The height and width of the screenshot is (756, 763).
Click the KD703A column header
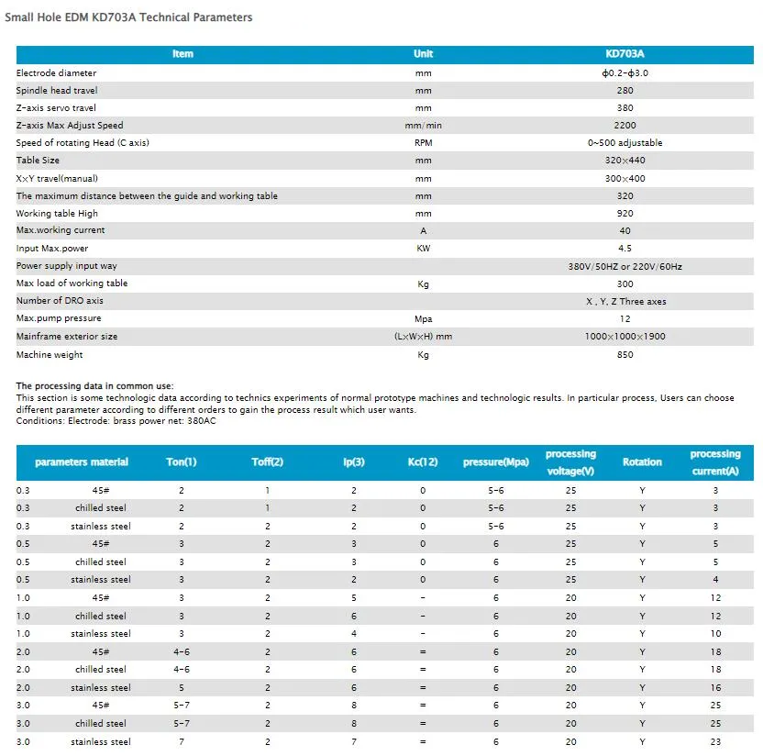coord(625,54)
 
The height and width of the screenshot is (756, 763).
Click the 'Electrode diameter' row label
coord(56,72)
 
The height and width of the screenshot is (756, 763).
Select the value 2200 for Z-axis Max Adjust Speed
coord(625,126)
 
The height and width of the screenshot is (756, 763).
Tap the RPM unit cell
coord(423,143)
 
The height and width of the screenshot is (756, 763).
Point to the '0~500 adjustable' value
coord(625,143)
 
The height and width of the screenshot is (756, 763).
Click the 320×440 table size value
coord(625,161)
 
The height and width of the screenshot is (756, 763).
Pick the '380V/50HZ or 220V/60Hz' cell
coord(625,266)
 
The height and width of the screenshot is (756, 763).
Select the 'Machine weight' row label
coord(50,355)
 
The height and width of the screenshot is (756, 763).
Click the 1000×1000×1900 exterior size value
coord(625,337)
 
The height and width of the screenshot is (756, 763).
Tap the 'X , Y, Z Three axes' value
coord(625,301)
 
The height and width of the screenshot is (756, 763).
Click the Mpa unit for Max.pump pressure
coord(423,318)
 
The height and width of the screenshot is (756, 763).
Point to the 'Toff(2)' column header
coord(268,462)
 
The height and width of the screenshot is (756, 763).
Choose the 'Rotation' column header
coord(642,462)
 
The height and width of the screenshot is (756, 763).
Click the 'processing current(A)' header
coord(715,462)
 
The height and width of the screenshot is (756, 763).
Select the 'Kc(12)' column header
coord(423,462)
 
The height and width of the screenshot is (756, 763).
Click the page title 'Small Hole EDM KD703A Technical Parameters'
coord(128,17)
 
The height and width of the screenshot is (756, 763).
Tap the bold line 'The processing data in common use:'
coord(94,386)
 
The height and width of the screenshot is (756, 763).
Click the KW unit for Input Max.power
coord(423,249)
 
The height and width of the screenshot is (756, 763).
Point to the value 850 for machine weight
coord(625,355)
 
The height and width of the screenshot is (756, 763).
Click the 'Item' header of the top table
coord(182,54)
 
